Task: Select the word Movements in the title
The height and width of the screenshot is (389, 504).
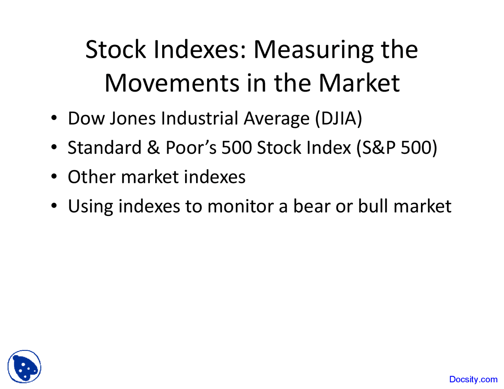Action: pyautogui.click(x=172, y=83)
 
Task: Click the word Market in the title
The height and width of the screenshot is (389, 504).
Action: pyautogui.click(x=359, y=83)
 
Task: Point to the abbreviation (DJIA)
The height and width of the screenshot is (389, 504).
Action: pyautogui.click(x=339, y=119)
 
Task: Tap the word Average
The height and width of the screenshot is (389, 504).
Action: pyautogui.click(x=276, y=119)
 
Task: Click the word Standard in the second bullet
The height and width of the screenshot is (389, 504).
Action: pyautogui.click(x=104, y=148)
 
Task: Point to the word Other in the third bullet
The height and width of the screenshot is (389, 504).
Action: pyautogui.click(x=92, y=177)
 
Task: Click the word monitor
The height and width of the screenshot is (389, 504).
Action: pyautogui.click(x=240, y=206)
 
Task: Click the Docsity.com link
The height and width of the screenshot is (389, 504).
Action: pyautogui.click(x=473, y=380)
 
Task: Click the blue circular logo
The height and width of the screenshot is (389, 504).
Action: pyautogui.click(x=24, y=367)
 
